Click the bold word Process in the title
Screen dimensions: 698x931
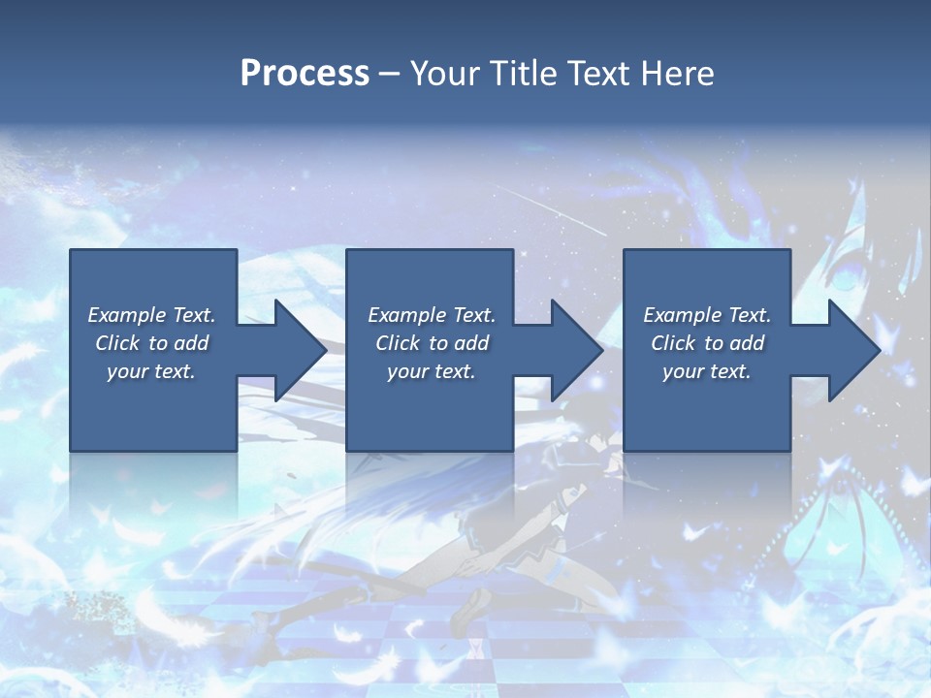point(305,74)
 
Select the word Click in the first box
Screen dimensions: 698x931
point(118,343)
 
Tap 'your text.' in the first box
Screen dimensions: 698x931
point(151,371)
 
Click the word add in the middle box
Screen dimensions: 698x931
point(470,343)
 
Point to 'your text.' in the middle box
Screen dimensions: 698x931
point(431,371)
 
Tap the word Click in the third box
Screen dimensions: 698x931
point(674,343)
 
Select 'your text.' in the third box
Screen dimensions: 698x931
point(707,371)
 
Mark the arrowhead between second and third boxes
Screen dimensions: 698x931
point(576,350)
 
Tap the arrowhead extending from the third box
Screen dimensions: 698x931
point(853,350)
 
